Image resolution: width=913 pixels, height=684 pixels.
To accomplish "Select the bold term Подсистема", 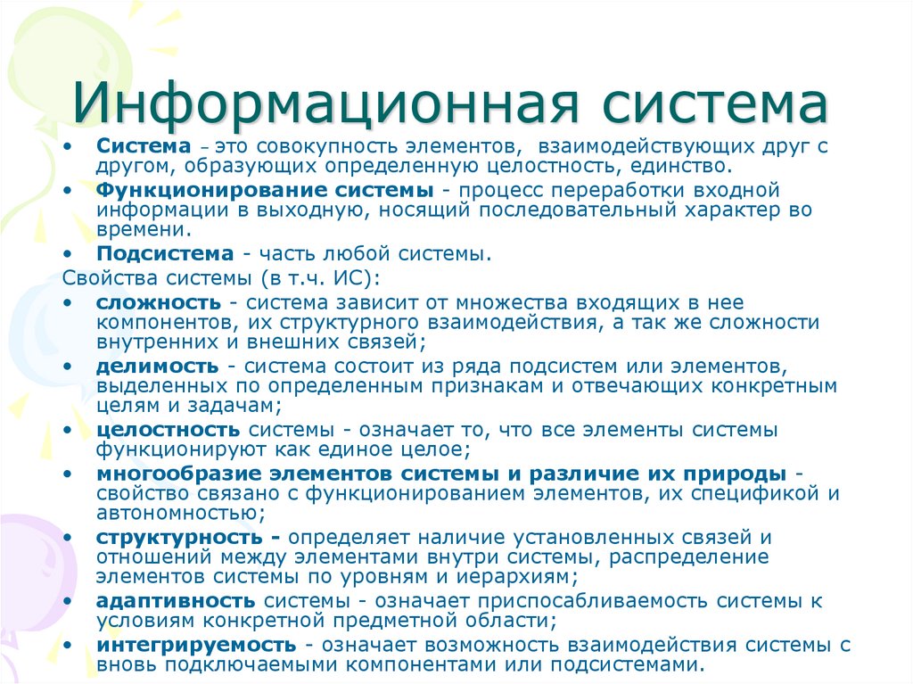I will point(165,254).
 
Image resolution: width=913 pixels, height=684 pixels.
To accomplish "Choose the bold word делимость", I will point(157,367).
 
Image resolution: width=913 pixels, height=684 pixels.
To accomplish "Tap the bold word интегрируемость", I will point(195,645).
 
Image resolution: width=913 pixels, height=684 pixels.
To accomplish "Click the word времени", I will point(130,230).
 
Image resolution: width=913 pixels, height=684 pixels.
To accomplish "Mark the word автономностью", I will point(177,513).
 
